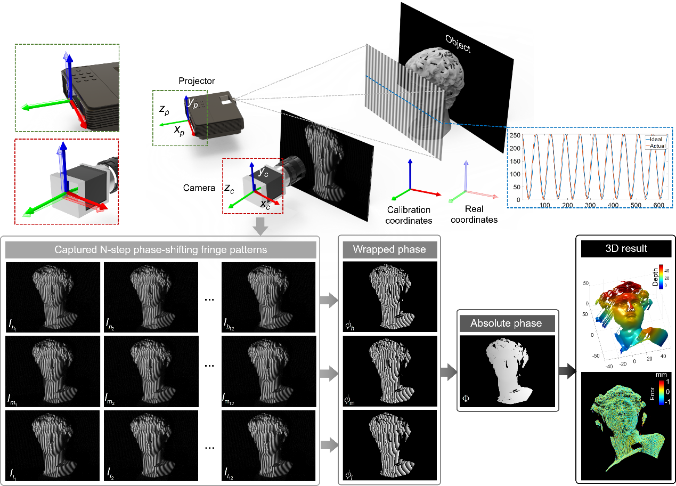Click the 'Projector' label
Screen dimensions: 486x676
[x=197, y=81]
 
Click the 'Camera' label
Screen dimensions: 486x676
[x=199, y=188]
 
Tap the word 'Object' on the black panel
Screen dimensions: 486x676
[x=458, y=44]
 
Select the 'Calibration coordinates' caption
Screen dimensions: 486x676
[x=409, y=215]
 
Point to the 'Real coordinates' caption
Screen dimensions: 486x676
[x=474, y=214]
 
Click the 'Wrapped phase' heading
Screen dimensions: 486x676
[x=389, y=249]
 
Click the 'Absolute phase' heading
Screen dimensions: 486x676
[x=506, y=323]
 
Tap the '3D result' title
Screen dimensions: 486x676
[x=626, y=248]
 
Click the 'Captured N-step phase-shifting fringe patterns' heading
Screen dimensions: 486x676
[x=161, y=249]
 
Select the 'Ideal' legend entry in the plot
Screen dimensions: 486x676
[x=656, y=139]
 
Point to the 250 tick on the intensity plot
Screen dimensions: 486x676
[x=514, y=135]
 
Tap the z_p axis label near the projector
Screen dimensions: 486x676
[x=164, y=110]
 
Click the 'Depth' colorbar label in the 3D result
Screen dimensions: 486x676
[x=655, y=277]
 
